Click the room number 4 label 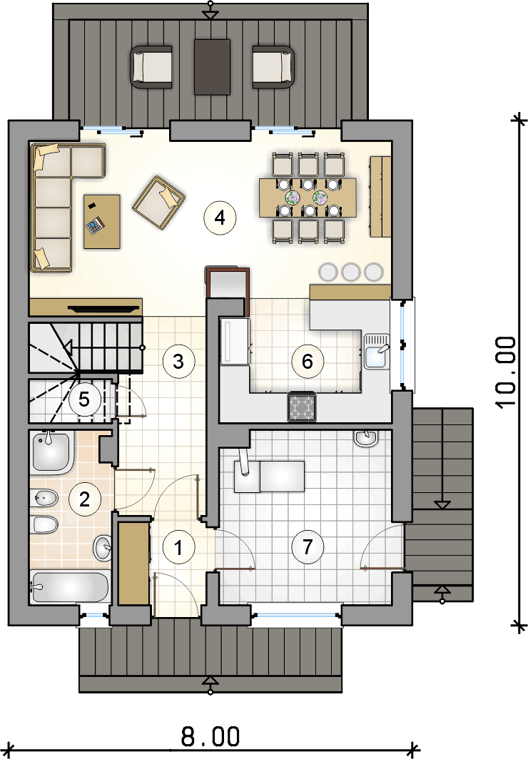coord(220,218)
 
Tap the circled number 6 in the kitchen coord(308,361)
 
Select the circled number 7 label coord(308,547)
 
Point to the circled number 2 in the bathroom coord(84,499)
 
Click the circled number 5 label coord(84,399)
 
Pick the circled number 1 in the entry coord(178,547)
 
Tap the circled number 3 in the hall coord(178,361)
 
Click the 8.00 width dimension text coord(210,737)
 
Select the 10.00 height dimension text coord(507,372)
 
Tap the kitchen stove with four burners coord(302,407)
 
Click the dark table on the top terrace coord(212,67)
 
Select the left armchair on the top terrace coord(151,67)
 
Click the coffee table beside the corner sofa coord(101,222)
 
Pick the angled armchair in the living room coord(158,202)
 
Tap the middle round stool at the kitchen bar coord(350,272)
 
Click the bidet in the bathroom coord(44,498)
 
